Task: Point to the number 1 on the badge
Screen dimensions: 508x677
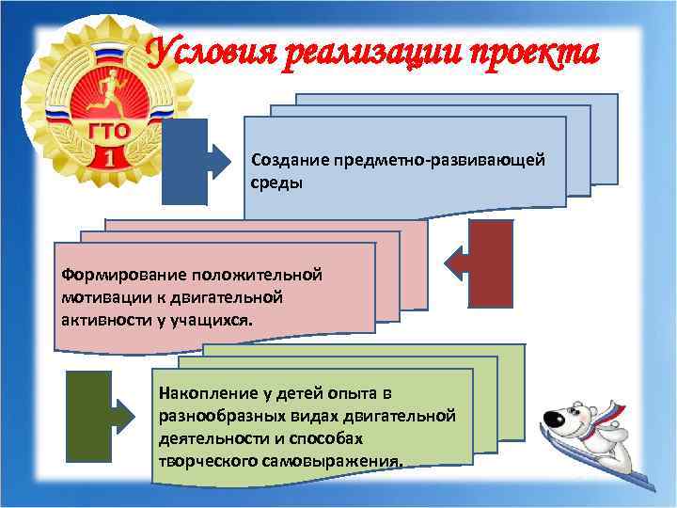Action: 110,156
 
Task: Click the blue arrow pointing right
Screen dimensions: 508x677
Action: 197,162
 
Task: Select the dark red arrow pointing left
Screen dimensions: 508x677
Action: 479,262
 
